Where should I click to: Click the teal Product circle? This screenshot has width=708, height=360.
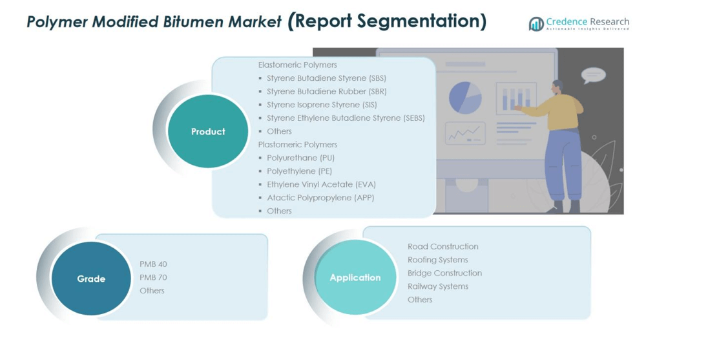tap(208, 131)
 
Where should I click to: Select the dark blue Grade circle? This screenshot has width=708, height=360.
tap(91, 279)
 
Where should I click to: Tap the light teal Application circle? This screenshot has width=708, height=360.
tap(355, 277)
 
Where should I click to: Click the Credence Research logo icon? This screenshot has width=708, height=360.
tap(536, 24)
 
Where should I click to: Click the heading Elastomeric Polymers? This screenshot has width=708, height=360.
tap(298, 65)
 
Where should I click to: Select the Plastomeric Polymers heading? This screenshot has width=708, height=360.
tap(298, 145)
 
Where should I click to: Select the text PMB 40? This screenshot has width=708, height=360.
tap(153, 264)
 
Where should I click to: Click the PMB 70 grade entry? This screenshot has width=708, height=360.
tap(153, 277)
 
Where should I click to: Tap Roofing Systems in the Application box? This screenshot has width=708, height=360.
tap(437, 260)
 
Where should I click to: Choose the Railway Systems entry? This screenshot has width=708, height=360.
tap(437, 286)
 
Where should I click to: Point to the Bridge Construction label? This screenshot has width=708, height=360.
tap(444, 273)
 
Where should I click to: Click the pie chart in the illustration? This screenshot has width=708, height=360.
tap(465, 97)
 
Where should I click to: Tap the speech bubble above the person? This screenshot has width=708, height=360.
tap(593, 75)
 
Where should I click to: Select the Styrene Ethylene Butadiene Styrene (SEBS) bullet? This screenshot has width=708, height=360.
tap(346, 118)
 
